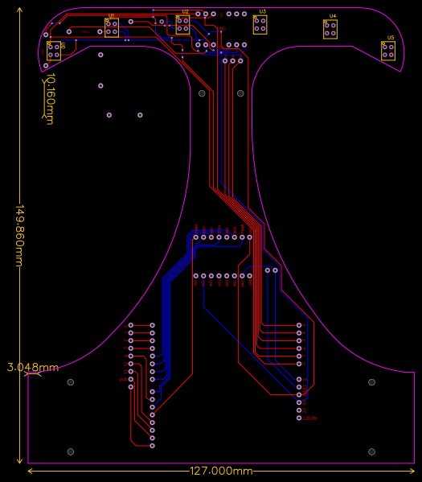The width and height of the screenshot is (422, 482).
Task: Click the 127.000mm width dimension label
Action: click(x=221, y=471)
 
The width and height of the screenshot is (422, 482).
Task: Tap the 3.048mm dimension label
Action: click(x=33, y=368)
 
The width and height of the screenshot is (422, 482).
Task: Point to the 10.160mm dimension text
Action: click(x=49, y=98)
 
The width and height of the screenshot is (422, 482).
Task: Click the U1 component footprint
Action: click(x=112, y=28)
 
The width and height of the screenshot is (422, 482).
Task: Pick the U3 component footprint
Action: click(x=260, y=25)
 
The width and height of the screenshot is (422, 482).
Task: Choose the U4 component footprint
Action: click(x=330, y=30)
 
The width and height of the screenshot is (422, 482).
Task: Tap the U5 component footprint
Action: click(x=388, y=51)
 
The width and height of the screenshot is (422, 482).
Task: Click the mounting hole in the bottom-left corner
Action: click(x=70, y=452)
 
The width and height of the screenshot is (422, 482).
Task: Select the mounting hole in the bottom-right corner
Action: click(x=371, y=452)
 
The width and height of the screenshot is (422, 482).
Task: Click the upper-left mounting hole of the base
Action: click(x=70, y=382)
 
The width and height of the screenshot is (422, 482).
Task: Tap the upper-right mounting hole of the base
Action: click(x=371, y=382)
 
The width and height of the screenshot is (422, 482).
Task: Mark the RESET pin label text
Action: click(x=309, y=418)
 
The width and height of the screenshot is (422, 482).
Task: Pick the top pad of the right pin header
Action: click(x=299, y=326)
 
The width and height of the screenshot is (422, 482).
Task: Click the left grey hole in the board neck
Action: click(x=202, y=93)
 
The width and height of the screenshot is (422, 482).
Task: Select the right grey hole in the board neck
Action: click(x=240, y=93)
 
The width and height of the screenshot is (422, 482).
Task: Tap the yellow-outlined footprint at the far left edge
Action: click(x=54, y=51)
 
